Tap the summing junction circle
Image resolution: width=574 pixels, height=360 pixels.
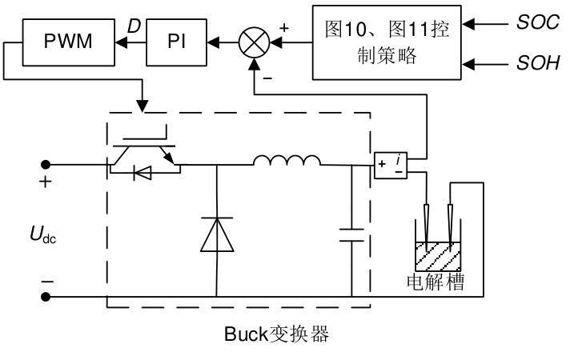click(255, 41)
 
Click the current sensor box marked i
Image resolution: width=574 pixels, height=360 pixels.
click(391, 165)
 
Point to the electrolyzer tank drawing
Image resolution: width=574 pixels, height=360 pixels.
click(438, 256)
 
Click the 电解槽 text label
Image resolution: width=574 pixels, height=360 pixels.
click(436, 283)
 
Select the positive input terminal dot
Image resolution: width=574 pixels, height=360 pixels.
click(46, 166)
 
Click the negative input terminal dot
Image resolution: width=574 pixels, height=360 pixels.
click(46, 296)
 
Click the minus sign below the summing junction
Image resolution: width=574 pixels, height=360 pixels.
click(267, 78)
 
